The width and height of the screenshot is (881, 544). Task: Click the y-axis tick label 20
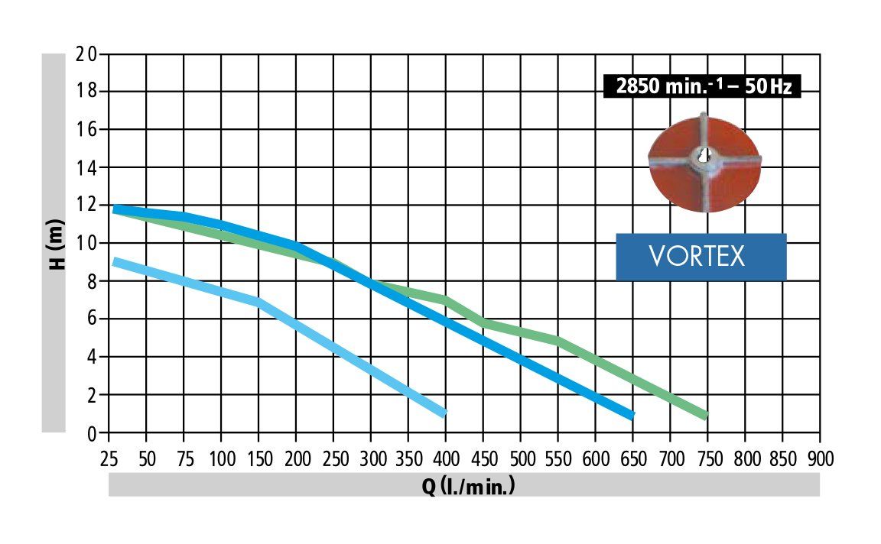pos(87,54)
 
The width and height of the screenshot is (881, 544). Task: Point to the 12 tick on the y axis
pos(87,206)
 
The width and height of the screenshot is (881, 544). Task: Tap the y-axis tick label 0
pos(92,433)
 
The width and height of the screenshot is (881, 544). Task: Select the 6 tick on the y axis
pos(92,319)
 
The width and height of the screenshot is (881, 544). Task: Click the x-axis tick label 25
pos(109,458)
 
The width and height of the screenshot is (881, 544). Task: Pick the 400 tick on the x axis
pos(445,458)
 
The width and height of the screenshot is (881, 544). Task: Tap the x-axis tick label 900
pos(820,458)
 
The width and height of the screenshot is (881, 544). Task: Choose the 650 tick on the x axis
pos(632,458)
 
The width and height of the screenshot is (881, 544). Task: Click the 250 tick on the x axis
pos(333,458)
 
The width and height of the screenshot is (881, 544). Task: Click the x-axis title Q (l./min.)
pos(468,486)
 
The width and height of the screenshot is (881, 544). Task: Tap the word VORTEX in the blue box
pos(697,257)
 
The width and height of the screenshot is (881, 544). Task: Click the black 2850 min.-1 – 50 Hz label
pos(701,87)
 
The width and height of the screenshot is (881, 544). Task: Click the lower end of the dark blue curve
pos(632,416)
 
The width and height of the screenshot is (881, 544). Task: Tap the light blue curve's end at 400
pos(444,413)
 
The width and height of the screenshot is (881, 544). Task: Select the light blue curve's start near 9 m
pos(115,262)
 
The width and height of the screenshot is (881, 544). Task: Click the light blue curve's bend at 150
pos(258,303)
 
